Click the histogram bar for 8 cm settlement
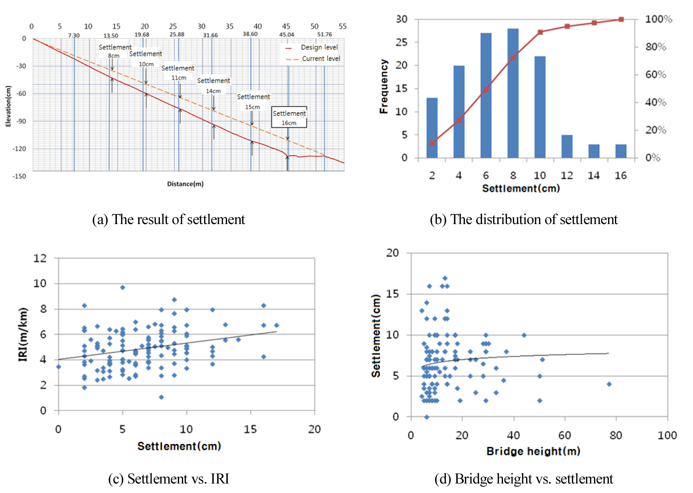pos(513,93)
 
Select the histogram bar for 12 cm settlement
pos(567,146)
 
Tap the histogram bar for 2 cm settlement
pos(432,128)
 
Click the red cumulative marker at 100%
pos(621,19)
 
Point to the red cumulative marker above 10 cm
pos(540,32)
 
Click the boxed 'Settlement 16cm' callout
pos(289,117)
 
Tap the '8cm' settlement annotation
pos(113,56)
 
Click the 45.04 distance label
pos(286,35)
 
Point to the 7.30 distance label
pos(74,36)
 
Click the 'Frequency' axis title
pos(384,86)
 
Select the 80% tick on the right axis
pos(655,47)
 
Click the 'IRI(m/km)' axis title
pos(23,334)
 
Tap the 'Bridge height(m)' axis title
pos(533,451)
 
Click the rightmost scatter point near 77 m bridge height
pos(609,384)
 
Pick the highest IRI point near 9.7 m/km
pos(123,288)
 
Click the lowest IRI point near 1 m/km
pos(161,397)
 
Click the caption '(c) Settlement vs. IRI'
pos(169,479)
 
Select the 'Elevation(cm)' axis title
pos(8,106)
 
